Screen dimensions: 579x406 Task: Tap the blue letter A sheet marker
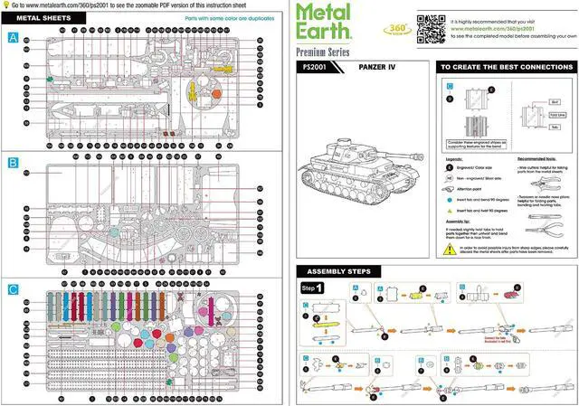[13, 38]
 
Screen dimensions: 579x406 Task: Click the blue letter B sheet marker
[13, 163]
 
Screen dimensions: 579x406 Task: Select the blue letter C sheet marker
[13, 289]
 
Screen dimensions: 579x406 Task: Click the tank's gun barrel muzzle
[306, 166]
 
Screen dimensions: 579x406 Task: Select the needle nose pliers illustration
[548, 222]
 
